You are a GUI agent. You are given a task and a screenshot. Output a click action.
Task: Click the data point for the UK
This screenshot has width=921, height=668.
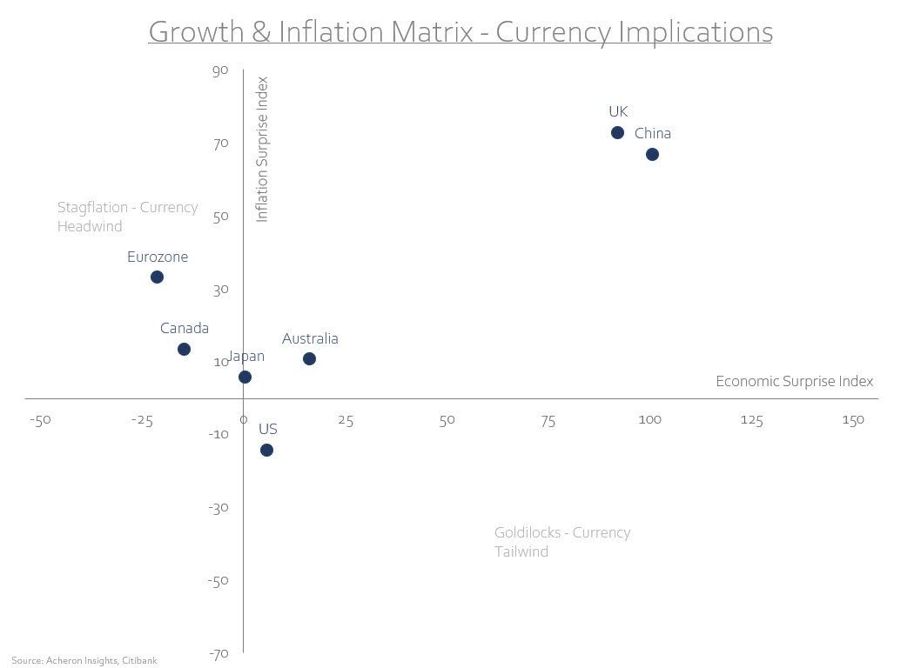(617, 133)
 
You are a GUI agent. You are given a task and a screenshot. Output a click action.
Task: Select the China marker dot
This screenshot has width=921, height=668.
(652, 154)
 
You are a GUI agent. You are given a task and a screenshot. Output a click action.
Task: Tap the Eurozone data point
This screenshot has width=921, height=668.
(157, 277)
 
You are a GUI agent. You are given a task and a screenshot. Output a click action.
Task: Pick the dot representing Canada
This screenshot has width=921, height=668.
(184, 349)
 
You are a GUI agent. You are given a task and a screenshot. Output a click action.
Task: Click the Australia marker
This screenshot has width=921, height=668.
(309, 358)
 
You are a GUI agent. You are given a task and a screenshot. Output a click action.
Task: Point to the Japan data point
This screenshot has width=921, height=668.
(245, 377)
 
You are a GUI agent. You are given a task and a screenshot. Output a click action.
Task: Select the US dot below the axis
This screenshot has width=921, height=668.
(266, 450)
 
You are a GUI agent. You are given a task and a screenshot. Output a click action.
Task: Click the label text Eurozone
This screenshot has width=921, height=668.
(158, 257)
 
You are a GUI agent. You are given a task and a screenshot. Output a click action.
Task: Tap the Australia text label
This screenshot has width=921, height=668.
(310, 338)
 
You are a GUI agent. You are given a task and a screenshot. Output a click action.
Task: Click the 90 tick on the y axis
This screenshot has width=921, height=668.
(219, 70)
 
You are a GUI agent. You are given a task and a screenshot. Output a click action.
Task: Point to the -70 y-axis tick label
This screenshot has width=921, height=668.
(218, 653)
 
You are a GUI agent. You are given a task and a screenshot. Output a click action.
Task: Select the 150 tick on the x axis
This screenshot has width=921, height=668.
(852, 420)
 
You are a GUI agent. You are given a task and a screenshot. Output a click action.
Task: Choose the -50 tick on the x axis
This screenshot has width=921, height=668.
(40, 420)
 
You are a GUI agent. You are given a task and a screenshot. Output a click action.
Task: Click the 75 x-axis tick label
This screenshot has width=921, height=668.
(548, 421)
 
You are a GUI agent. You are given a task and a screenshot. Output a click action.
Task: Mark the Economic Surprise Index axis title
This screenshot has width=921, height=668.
(794, 381)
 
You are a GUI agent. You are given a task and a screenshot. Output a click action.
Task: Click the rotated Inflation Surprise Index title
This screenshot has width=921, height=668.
(262, 149)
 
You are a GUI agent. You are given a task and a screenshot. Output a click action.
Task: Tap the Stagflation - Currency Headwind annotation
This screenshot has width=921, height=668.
(127, 217)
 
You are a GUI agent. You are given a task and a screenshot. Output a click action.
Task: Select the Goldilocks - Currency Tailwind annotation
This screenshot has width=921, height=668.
(561, 541)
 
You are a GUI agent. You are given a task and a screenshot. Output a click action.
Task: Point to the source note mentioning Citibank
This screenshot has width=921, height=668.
(84, 660)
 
